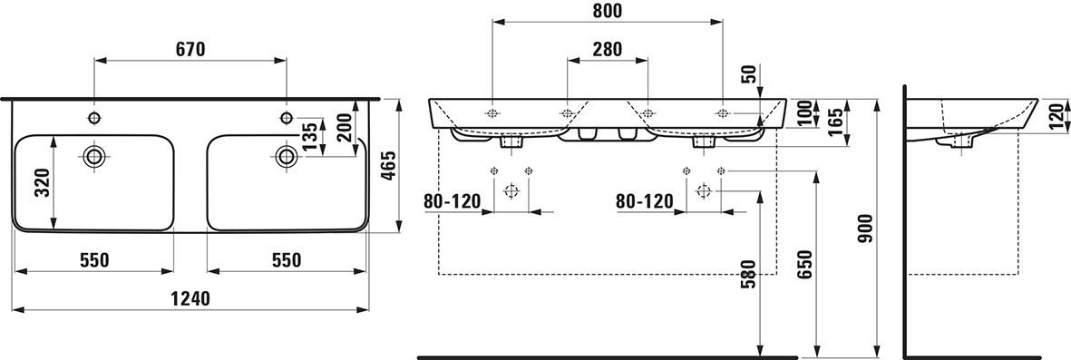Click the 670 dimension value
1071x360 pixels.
(190, 48)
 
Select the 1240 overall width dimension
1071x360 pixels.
(190, 297)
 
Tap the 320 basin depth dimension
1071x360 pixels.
(43, 182)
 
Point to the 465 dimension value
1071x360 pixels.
(389, 166)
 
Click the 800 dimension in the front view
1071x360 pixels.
(608, 11)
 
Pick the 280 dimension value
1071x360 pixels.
(608, 49)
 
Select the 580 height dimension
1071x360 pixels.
(748, 275)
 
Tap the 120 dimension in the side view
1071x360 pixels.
(1057, 117)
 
